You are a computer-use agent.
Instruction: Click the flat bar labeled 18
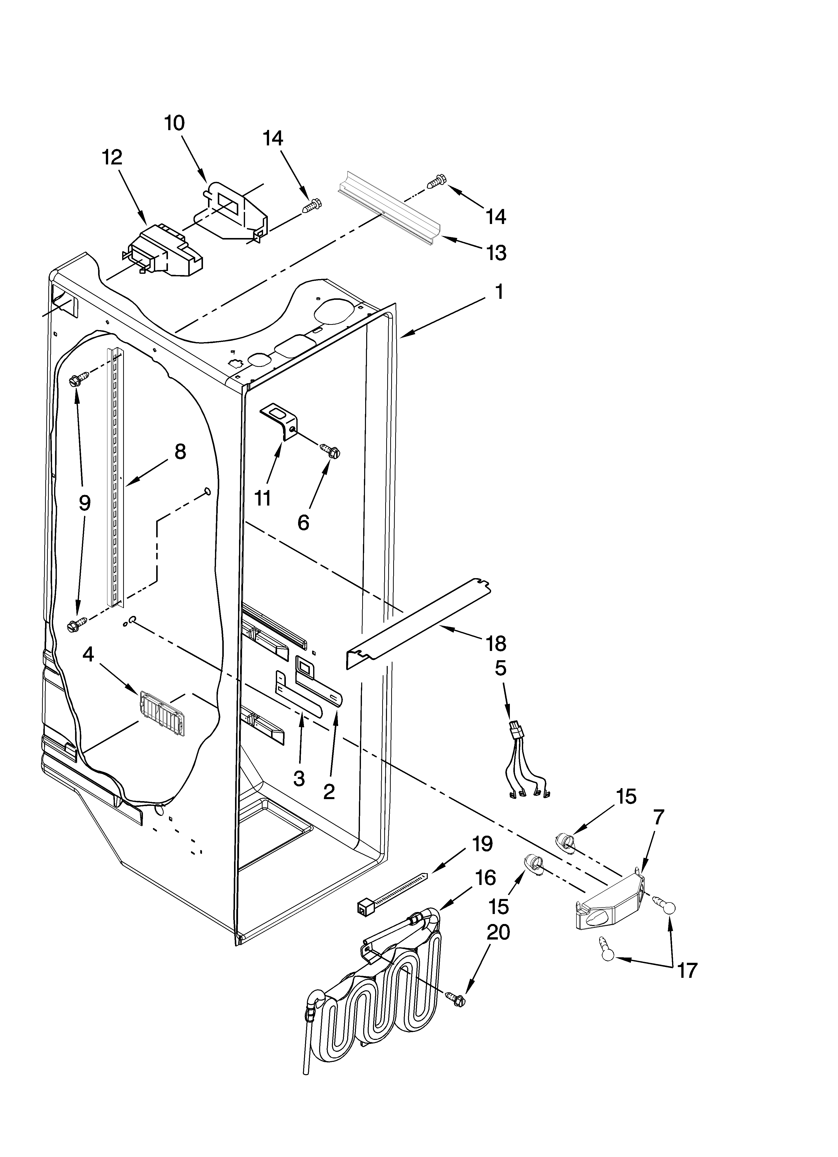418,625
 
